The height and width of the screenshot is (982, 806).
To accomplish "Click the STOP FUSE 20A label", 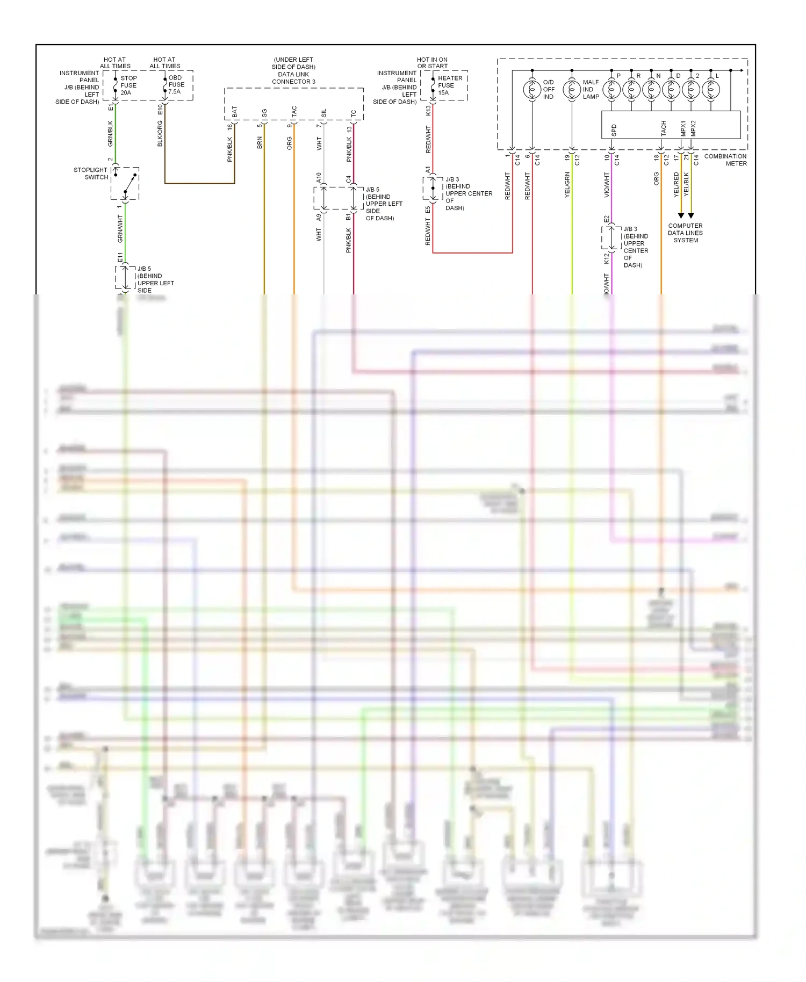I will [128, 85].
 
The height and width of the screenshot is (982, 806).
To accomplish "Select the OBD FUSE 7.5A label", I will [176, 85].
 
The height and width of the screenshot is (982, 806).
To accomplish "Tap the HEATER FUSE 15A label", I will [449, 85].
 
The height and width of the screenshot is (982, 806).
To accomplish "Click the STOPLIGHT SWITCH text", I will [91, 174].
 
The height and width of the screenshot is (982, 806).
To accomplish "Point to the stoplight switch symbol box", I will [125, 184].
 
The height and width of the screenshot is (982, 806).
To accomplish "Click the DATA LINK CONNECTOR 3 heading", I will [293, 71].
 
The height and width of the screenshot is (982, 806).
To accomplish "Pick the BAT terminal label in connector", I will [235, 112].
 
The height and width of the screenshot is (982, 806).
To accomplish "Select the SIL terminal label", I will [324, 113].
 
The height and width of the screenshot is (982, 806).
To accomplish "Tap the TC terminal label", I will [354, 113].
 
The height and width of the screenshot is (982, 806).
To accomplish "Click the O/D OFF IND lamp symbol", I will [532, 90].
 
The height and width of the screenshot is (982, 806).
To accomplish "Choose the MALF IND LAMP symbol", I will [572, 90].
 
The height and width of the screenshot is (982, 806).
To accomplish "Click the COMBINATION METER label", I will [725, 160].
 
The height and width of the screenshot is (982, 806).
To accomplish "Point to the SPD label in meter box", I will [614, 130].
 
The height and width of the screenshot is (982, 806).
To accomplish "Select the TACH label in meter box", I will [663, 128].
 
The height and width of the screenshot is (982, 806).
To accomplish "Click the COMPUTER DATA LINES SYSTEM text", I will [685, 233].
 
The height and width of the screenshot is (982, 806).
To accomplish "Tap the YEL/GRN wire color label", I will [567, 185].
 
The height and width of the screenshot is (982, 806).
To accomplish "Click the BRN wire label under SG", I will [260, 143].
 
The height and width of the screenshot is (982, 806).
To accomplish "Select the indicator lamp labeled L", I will [711, 90].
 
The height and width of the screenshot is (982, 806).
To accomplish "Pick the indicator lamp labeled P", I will [611, 90].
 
